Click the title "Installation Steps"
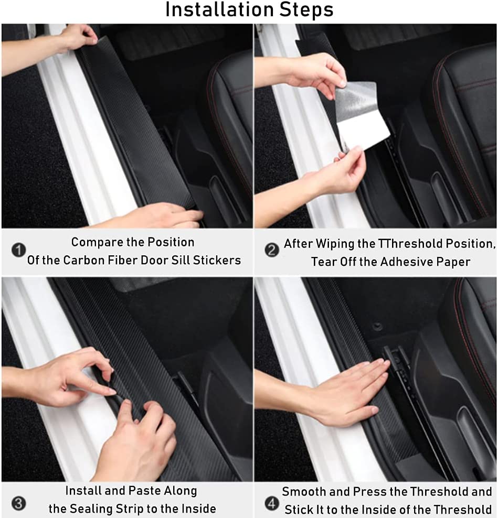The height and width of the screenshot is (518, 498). tap(249, 10)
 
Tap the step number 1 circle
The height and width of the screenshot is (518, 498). tap(18, 251)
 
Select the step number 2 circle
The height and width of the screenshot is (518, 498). tap(271, 251)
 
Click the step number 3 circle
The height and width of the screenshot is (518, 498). tap(18, 504)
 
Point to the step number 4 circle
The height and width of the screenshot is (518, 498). tap(271, 504)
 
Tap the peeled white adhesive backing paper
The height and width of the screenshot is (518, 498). tap(363, 126)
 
